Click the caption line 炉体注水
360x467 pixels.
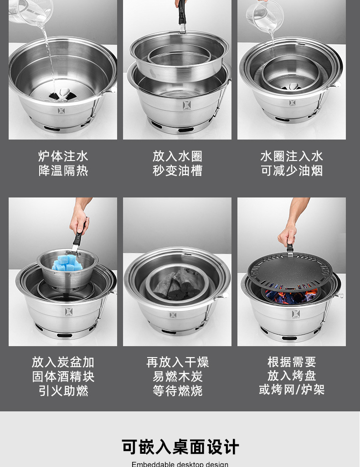coord(63,156)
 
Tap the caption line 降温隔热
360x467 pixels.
coord(63,171)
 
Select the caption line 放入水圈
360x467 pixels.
coord(177,156)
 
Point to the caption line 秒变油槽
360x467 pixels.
coord(177,171)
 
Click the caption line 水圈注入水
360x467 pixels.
coord(292,156)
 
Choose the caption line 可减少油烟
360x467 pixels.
coord(292,171)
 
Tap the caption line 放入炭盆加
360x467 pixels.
coord(63,362)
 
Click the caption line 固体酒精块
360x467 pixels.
coord(63,377)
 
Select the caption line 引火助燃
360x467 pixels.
coord(63,391)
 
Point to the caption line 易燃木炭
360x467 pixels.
coord(177,377)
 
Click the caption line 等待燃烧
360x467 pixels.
coord(177,391)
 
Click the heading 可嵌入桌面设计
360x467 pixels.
coord(180,447)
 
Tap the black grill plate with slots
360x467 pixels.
coord(290,272)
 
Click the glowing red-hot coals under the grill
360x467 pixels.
coord(292,296)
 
